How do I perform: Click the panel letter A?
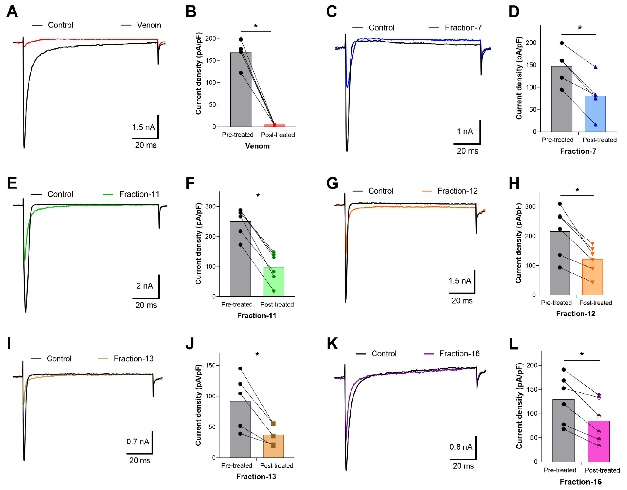(12, 12)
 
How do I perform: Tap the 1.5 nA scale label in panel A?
(143, 127)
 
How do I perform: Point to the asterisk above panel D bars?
(580, 28)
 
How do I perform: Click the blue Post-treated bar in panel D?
(595, 115)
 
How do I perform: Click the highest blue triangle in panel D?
(595, 67)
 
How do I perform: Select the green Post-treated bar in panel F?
(274, 283)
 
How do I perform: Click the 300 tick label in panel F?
(212, 207)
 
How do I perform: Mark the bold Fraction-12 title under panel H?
(575, 314)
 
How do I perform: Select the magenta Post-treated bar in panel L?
(599, 443)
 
